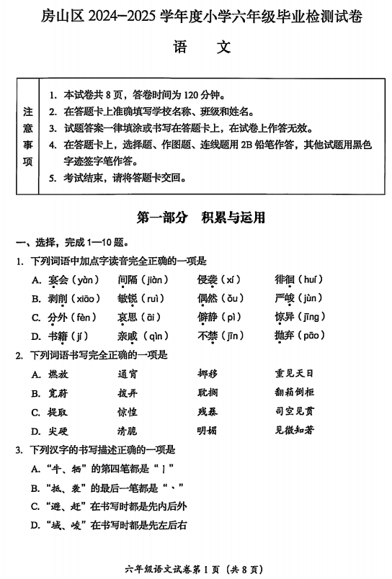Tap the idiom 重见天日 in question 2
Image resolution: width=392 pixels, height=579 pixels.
[x=294, y=374]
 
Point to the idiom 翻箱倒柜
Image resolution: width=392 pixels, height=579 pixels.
[x=294, y=392]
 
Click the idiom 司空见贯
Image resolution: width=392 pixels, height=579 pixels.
[x=294, y=412]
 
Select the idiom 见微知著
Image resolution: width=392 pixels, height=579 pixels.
[x=294, y=431]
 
